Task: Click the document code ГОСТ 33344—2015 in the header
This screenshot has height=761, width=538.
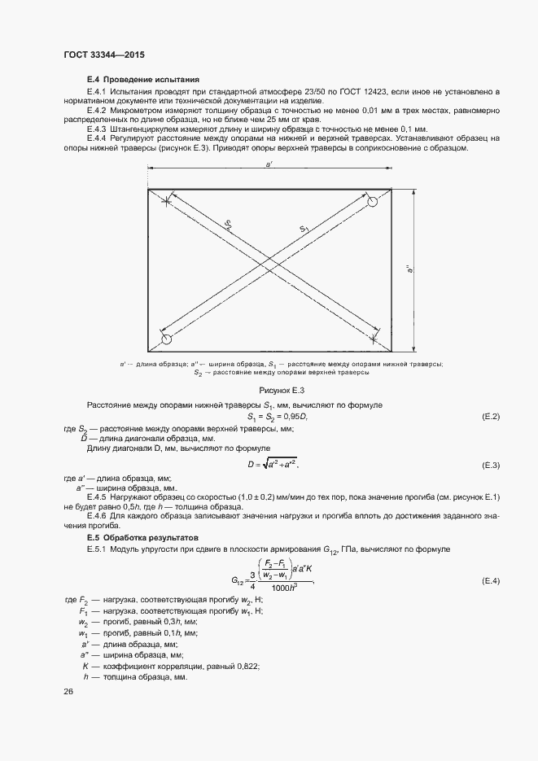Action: coord(103,54)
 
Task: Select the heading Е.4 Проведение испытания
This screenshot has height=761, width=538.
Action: coord(142,80)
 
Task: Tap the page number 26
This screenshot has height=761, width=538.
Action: coord(68,691)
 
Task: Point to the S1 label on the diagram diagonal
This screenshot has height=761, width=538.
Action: coord(304,230)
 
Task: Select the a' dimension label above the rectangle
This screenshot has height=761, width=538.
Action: coord(269,165)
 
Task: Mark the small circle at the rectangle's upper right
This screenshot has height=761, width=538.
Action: coord(372,201)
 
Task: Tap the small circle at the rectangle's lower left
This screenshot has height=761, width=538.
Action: coord(167,338)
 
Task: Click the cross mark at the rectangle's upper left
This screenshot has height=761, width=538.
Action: coord(166,201)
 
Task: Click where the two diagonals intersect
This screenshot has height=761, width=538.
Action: coord(269,268)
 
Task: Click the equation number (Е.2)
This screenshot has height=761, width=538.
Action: coord(490,417)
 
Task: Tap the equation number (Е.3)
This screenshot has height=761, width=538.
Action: coord(490,465)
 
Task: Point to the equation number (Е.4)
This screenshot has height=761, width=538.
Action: coord(490,581)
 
